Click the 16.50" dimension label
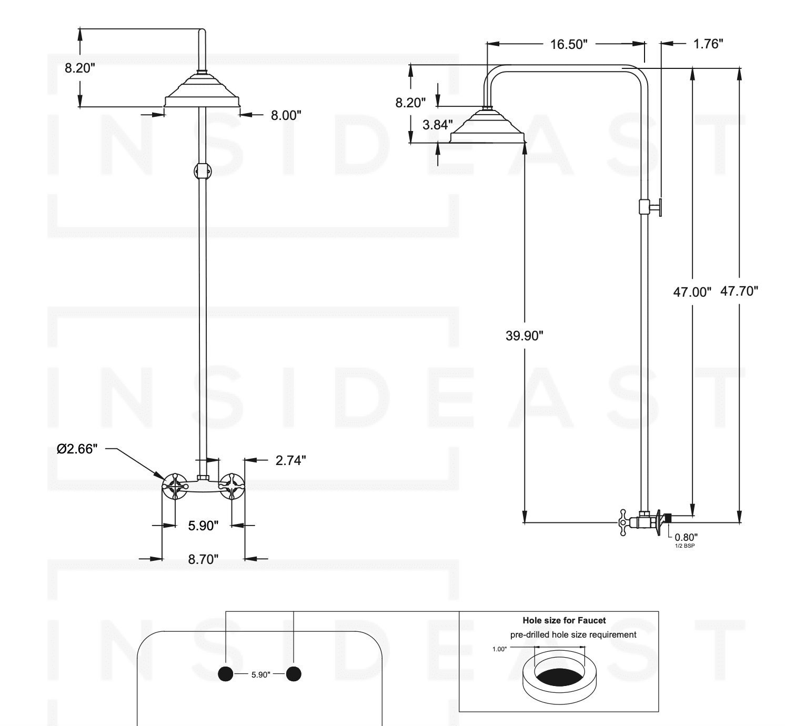point(568,44)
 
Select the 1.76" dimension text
point(708,44)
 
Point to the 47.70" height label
point(739,291)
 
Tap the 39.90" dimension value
point(524,336)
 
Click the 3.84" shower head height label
point(437,125)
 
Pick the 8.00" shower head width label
point(286,115)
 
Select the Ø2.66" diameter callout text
point(77,449)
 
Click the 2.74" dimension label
point(290,460)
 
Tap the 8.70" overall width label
point(203,559)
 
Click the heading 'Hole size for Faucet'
point(564,620)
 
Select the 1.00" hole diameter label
point(499,649)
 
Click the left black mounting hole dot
point(225,674)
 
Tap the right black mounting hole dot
point(294,674)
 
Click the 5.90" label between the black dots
point(260,674)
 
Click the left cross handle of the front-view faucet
point(175,486)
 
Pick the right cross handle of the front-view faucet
point(232,486)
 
